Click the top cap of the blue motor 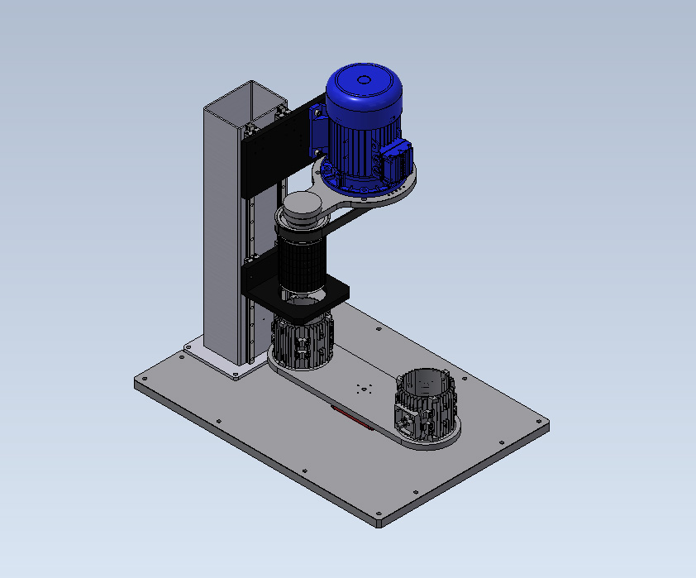(x=364, y=81)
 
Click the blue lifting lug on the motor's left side (x=317, y=128)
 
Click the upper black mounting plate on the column (x=265, y=153)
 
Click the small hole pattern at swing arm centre (x=360, y=388)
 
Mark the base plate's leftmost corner (x=136, y=383)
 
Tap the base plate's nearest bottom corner (x=379, y=523)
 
